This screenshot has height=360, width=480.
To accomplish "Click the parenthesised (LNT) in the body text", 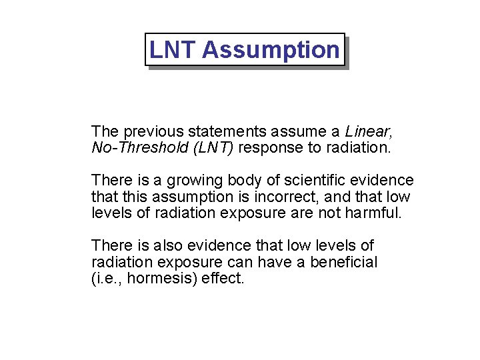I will coord(212,147).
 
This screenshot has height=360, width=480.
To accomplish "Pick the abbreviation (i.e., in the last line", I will coord(107,279).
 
